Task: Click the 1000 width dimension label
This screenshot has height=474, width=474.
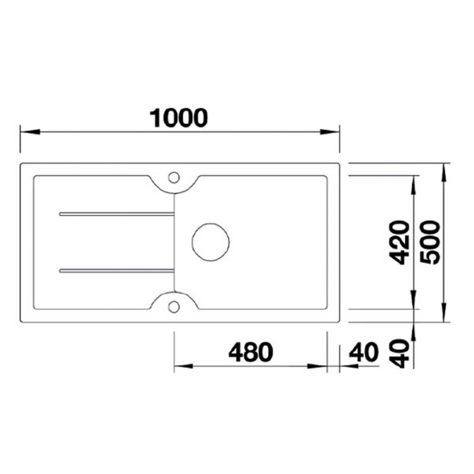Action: pyautogui.click(x=179, y=117)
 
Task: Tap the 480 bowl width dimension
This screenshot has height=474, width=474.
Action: pyautogui.click(x=251, y=353)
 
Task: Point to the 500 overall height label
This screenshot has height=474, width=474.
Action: pyautogui.click(x=428, y=242)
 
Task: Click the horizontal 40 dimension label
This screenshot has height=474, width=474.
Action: pyautogui.click(x=363, y=353)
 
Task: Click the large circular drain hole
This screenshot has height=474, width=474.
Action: pyautogui.click(x=210, y=242)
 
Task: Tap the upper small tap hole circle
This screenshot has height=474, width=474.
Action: pyautogui.click(x=174, y=177)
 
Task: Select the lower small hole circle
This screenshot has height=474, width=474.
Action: pyautogui.click(x=174, y=306)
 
